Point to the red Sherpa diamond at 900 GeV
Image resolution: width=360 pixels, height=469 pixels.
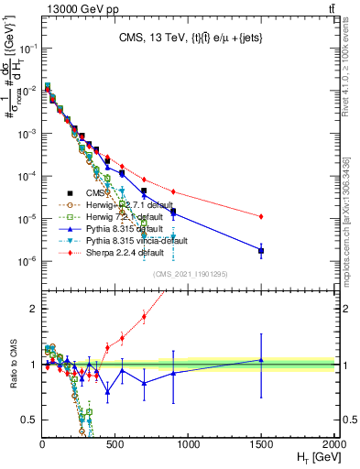(x=174, y=191)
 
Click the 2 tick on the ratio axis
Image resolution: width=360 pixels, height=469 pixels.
(x=34, y=309)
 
